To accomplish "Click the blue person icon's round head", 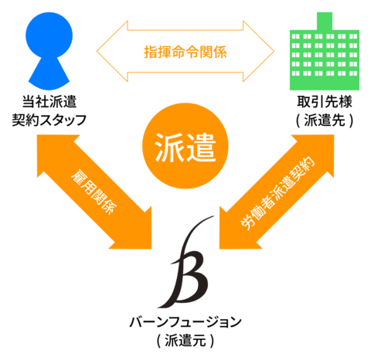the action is point(49,35).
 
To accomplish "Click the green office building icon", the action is point(325,52).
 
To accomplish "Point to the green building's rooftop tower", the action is point(325,21).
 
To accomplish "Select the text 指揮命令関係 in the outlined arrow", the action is point(185,52).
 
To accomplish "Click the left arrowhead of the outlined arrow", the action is point(112,51).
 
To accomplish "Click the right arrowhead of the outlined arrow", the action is point(258,51).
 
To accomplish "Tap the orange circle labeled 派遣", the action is point(185,146).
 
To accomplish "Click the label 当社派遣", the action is point(49,101).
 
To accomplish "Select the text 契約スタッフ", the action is point(49,120).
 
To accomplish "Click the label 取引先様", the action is point(325,101).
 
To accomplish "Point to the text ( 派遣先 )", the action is point(325,120).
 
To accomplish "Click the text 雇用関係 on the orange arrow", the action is point(94,192).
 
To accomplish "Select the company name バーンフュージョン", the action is point(185,322).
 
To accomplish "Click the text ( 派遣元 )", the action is point(185,341).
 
